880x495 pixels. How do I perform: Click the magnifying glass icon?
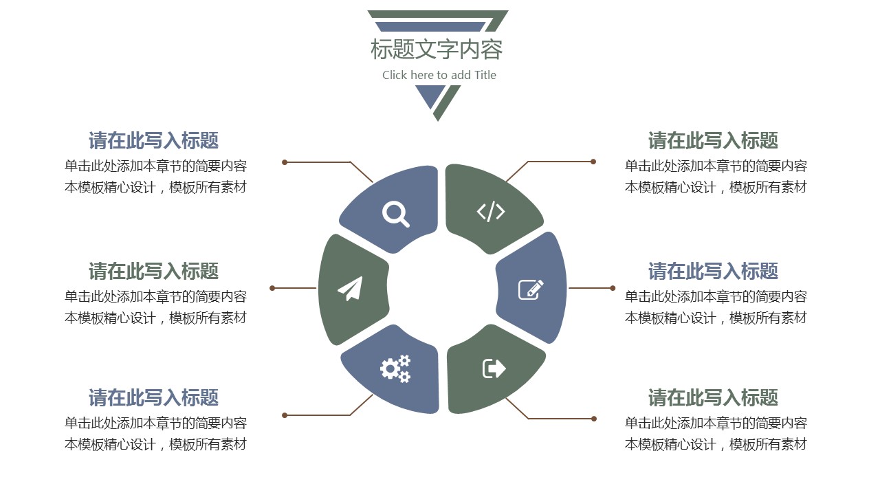tap(395, 213)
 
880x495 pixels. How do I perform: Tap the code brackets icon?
tap(491, 211)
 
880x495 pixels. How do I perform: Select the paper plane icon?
tap(351, 289)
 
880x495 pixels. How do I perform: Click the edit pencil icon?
tap(531, 289)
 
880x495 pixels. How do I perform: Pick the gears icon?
tap(395, 368)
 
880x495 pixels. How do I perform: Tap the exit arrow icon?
tap(494, 368)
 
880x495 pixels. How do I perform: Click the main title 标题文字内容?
tap(437, 49)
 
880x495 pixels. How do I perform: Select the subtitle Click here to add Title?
tap(439, 75)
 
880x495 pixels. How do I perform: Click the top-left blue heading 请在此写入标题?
tap(153, 141)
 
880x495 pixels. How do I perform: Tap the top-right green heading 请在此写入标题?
tap(713, 141)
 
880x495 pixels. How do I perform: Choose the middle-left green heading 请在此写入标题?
tap(153, 271)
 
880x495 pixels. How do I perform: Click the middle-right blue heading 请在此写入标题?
tap(713, 271)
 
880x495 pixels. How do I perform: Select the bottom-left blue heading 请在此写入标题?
tap(153, 397)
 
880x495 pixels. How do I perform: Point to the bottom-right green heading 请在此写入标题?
tap(713, 397)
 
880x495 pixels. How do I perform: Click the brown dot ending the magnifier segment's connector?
tap(285, 162)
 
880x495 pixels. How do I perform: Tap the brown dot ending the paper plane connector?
tap(273, 288)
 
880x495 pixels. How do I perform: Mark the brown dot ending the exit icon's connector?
tap(594, 419)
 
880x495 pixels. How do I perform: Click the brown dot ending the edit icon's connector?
tap(612, 288)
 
